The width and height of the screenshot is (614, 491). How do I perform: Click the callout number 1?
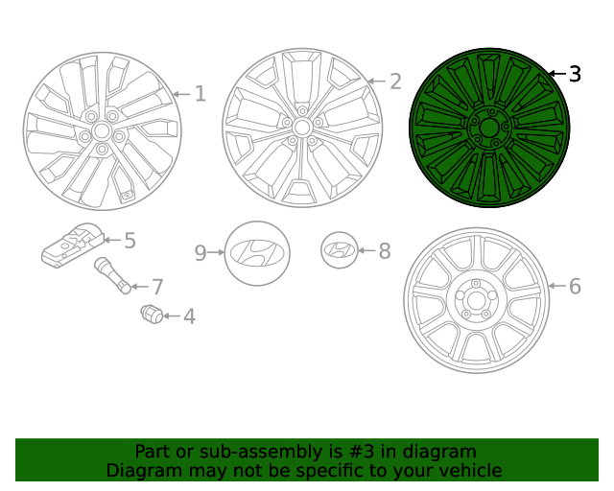tap(200, 94)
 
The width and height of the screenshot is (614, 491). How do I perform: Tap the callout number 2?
tap(395, 82)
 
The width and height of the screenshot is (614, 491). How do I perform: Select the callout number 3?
tap(575, 74)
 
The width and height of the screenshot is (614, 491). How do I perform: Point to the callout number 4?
tap(189, 316)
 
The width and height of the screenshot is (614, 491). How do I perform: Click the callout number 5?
tap(130, 241)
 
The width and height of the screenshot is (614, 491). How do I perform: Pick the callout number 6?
tap(575, 286)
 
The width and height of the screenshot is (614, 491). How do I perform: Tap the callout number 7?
tap(157, 286)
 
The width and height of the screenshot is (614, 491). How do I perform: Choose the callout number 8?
tap(384, 251)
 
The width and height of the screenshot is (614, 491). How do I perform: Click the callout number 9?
tap(201, 252)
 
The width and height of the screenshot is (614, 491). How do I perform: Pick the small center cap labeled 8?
tap(338, 250)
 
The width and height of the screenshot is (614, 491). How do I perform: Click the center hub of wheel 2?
tap(301, 127)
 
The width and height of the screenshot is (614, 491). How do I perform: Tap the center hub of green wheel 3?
tap(489, 128)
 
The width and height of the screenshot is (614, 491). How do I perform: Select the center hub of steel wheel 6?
tap(477, 299)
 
